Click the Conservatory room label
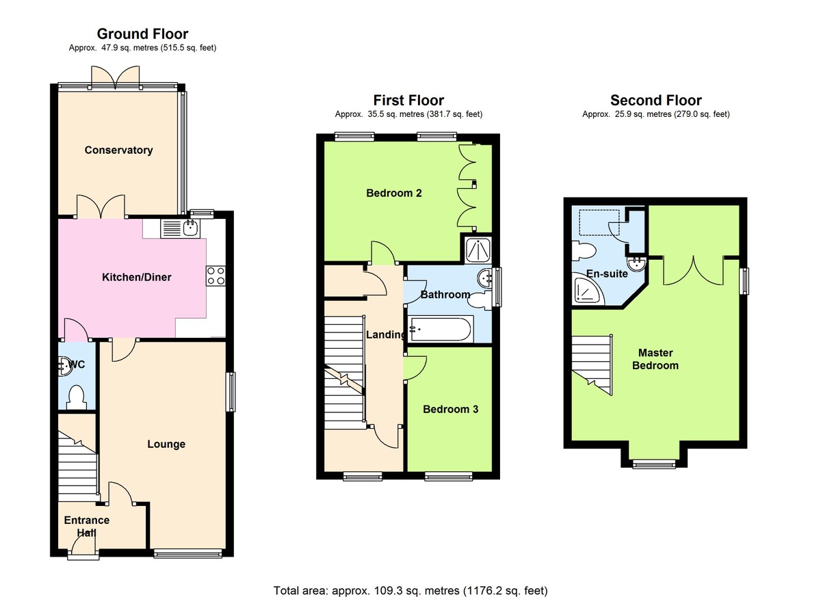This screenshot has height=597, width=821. pyautogui.click(x=118, y=150)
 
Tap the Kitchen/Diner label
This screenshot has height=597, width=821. pyautogui.click(x=136, y=277)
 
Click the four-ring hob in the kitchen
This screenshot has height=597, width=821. pyautogui.click(x=216, y=276)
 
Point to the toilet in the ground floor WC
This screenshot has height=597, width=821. pyautogui.click(x=77, y=397)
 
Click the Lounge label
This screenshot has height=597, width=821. pyautogui.click(x=166, y=444)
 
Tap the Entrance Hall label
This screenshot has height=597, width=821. pyautogui.click(x=86, y=527)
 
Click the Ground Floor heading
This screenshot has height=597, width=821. pyautogui.click(x=142, y=34)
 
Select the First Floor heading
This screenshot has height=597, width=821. pyautogui.click(x=408, y=100)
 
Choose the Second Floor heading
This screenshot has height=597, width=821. pyautogui.click(x=656, y=100)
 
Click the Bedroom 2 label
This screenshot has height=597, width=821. pyautogui.click(x=394, y=193)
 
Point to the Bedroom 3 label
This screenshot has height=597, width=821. pyautogui.click(x=450, y=409)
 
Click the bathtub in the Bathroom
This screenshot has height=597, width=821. pyautogui.click(x=441, y=329)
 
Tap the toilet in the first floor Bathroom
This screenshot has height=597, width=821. pyautogui.click(x=480, y=301)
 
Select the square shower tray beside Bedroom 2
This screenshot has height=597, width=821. pyautogui.click(x=478, y=250)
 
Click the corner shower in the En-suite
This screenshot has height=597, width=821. pyautogui.click(x=588, y=291)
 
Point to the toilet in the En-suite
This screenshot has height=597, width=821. pyautogui.click(x=584, y=251)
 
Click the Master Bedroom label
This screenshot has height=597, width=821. pyautogui.click(x=655, y=359)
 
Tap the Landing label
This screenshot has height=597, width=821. pyautogui.click(x=386, y=334)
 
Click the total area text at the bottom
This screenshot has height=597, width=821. pyautogui.click(x=410, y=581)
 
